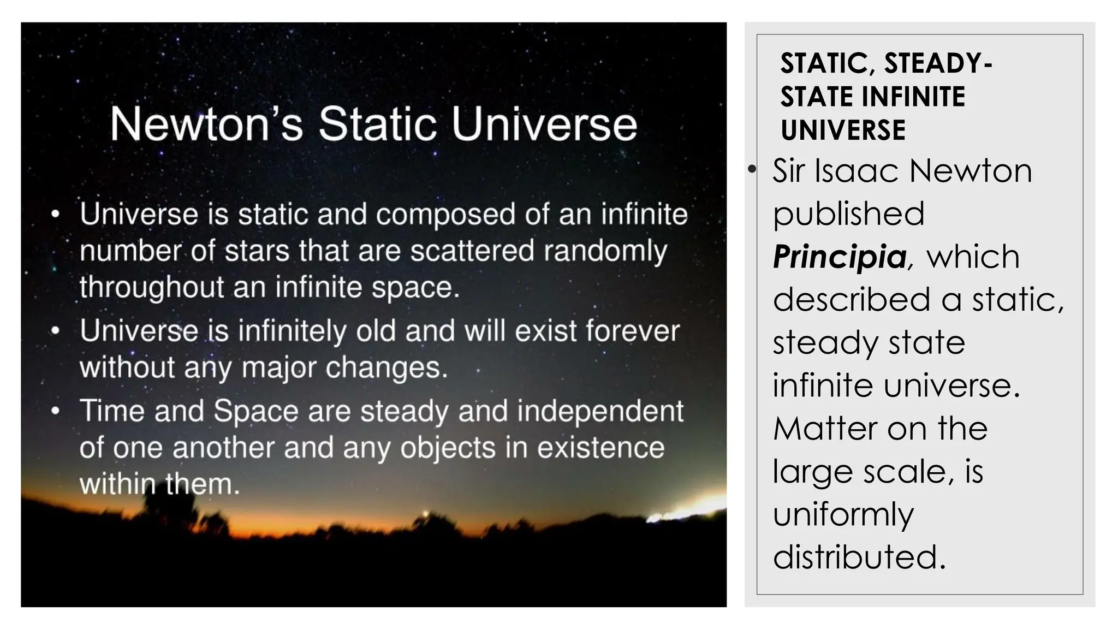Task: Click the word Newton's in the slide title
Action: (x=206, y=124)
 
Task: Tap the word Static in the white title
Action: (x=378, y=124)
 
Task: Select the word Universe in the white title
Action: (x=544, y=124)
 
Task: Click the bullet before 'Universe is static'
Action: (x=55, y=215)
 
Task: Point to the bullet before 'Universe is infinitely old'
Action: (x=55, y=331)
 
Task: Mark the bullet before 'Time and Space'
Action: (x=55, y=411)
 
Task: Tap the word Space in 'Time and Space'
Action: (x=257, y=411)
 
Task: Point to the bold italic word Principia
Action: (x=840, y=257)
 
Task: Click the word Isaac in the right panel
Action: (x=858, y=170)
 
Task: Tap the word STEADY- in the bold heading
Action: (x=938, y=63)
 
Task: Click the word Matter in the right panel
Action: (x=825, y=428)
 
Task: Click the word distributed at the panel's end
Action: (x=859, y=557)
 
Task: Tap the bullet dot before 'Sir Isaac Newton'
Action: (x=752, y=170)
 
